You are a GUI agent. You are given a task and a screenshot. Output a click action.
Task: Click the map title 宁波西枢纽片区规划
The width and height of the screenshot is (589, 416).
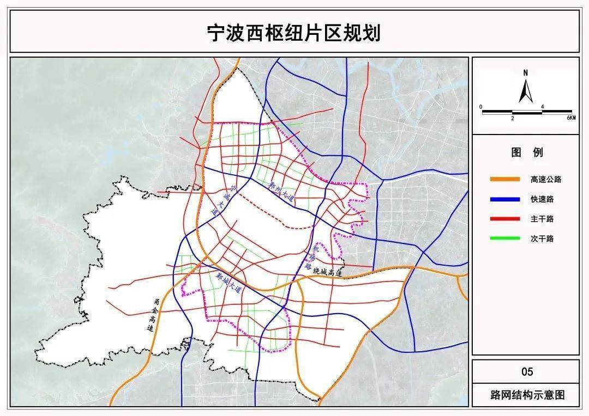coord(294,33)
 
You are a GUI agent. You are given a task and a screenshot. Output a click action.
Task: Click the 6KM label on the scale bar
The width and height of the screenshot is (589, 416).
coord(570,118)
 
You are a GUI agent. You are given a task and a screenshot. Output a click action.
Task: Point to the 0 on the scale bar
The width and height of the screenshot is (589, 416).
coord(481,107)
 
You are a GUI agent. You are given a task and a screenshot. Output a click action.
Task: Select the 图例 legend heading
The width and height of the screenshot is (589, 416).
coord(526,152)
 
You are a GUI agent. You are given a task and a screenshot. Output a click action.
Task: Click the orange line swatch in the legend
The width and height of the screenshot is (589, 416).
coord(504,179)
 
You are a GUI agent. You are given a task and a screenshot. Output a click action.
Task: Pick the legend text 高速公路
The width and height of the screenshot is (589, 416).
coord(545,179)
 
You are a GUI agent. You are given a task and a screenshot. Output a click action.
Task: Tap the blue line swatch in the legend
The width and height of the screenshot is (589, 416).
coord(504,199)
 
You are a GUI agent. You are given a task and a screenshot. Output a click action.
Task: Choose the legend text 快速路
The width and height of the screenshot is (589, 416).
coord(542,199)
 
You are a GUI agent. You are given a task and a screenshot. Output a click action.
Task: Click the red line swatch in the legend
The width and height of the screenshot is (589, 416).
coord(504,219)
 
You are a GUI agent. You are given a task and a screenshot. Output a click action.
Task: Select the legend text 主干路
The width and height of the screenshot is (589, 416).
coord(542,219)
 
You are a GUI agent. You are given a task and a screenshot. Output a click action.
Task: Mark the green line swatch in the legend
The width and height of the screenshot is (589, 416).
coord(504,238)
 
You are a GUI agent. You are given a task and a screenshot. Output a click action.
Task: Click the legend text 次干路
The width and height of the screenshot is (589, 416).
coord(542,238)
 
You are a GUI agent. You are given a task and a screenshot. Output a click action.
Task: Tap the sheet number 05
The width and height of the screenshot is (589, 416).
coord(527,372)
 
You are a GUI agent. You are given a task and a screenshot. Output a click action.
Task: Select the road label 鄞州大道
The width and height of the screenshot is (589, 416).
coord(281,192)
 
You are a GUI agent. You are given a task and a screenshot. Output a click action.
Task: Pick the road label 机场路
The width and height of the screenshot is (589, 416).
coord(311,258)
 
